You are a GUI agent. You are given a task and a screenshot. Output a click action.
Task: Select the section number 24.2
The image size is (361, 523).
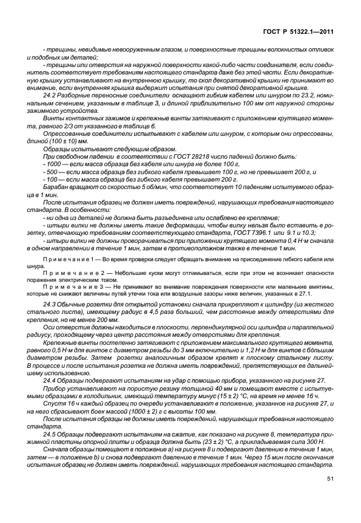pyautogui.click(x=49, y=95)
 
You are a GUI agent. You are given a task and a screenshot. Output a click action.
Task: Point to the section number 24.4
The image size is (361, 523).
pyautogui.click(x=49, y=380)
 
